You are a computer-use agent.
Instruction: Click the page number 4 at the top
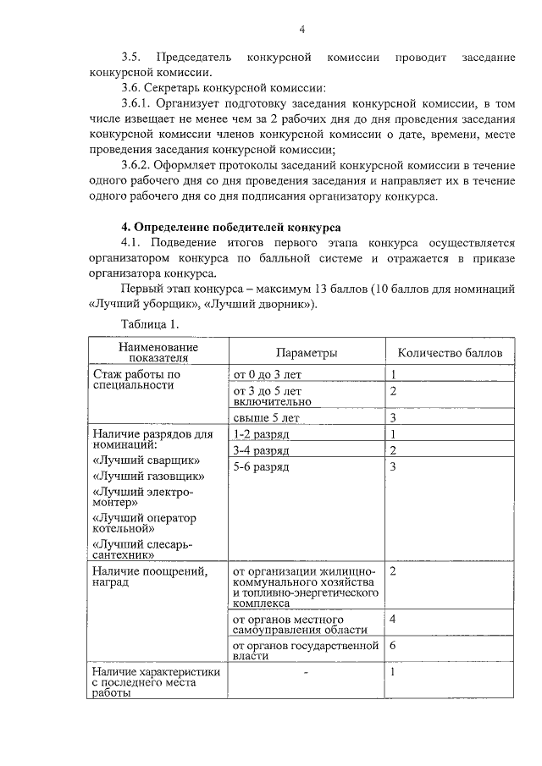click(x=301, y=30)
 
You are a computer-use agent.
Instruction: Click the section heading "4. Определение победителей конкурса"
click(x=231, y=228)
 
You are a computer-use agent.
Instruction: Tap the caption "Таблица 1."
click(x=150, y=323)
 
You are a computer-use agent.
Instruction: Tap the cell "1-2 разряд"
click(x=261, y=434)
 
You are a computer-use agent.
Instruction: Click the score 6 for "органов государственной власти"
click(x=393, y=646)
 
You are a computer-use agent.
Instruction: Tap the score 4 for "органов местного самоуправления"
click(x=393, y=619)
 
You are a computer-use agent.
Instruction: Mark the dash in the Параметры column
click(x=306, y=671)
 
